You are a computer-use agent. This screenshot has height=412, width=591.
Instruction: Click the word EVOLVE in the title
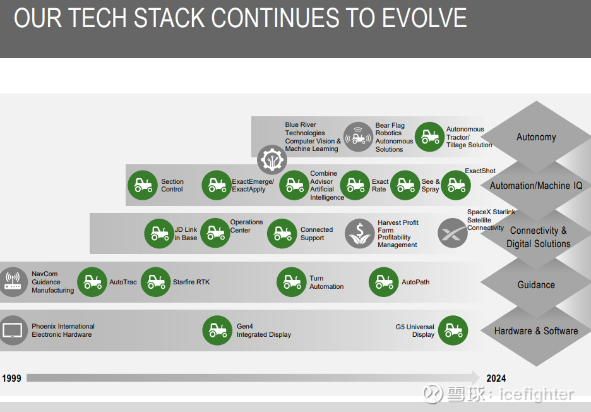point(424,18)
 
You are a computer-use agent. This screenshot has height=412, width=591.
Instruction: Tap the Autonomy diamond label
point(536,137)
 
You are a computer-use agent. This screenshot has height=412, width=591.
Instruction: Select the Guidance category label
point(536,285)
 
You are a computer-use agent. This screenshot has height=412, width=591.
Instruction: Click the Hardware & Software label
point(536,331)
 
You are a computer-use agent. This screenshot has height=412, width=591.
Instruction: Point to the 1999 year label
point(12,378)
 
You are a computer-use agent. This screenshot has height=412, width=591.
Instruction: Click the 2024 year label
point(496,378)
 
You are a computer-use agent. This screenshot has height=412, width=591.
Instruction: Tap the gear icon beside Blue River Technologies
point(272,160)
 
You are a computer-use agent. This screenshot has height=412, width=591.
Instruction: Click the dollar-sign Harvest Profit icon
point(359,234)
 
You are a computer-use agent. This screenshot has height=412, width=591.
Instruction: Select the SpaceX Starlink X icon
point(452,233)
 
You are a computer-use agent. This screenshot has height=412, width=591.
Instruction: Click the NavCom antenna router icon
point(13,282)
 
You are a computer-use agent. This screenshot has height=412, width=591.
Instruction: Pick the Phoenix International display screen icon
point(13,330)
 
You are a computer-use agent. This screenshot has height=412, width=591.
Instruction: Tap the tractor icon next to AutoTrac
point(92,282)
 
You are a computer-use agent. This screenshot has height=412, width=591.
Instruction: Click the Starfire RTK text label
point(191,282)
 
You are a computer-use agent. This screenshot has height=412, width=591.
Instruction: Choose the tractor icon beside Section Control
point(143,185)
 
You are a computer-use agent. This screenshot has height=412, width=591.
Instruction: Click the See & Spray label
point(431,185)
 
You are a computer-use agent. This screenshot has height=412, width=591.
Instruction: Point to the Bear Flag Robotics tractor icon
point(358,137)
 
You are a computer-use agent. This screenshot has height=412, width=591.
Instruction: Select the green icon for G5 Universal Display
point(453,330)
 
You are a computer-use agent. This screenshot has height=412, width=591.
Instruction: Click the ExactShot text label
point(480,171)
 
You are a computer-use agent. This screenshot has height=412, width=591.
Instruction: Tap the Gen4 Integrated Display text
point(263,330)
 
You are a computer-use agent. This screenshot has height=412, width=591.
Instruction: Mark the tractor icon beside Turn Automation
point(291,282)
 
